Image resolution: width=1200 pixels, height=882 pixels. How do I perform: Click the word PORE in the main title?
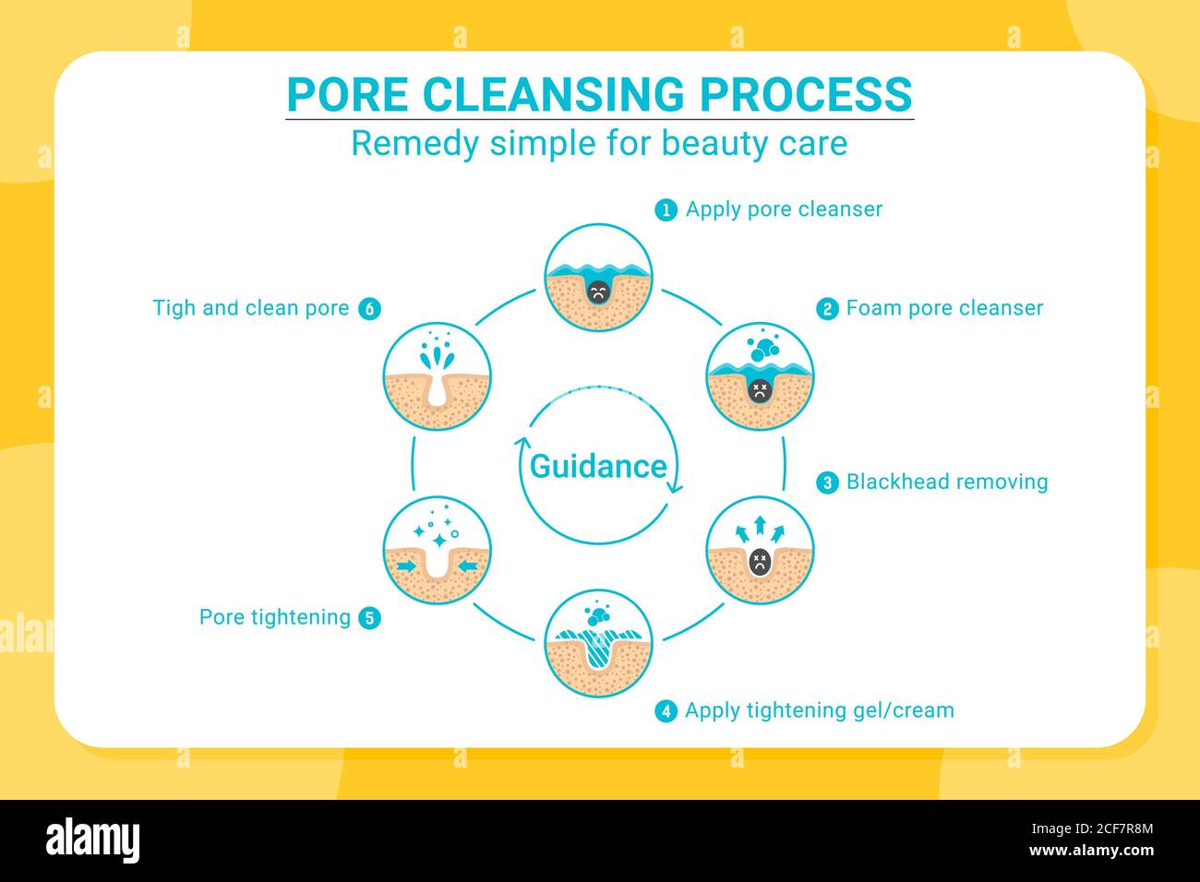click(347, 94)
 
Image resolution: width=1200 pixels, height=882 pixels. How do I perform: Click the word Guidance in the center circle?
click(597, 466)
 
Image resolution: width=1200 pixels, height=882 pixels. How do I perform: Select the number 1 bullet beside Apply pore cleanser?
click(666, 209)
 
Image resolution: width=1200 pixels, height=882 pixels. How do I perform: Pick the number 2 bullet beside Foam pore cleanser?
click(827, 309)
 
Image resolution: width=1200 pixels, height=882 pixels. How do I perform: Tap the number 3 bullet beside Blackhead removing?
click(827, 483)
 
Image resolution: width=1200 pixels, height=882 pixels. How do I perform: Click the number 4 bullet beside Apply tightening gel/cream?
click(666, 711)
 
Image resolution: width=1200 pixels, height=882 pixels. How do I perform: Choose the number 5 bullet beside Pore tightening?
click(369, 618)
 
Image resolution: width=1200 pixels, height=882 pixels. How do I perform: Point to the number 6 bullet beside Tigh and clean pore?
click(369, 309)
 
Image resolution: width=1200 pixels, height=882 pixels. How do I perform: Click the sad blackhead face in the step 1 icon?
click(598, 292)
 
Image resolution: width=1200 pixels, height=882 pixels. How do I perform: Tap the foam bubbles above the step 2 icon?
click(762, 349)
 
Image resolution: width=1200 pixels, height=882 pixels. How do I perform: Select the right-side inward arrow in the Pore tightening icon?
click(469, 564)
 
